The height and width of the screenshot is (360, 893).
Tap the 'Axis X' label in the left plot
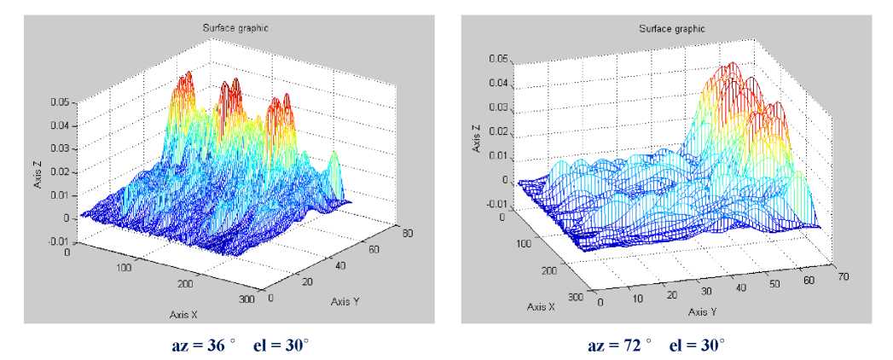click(x=182, y=314)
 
